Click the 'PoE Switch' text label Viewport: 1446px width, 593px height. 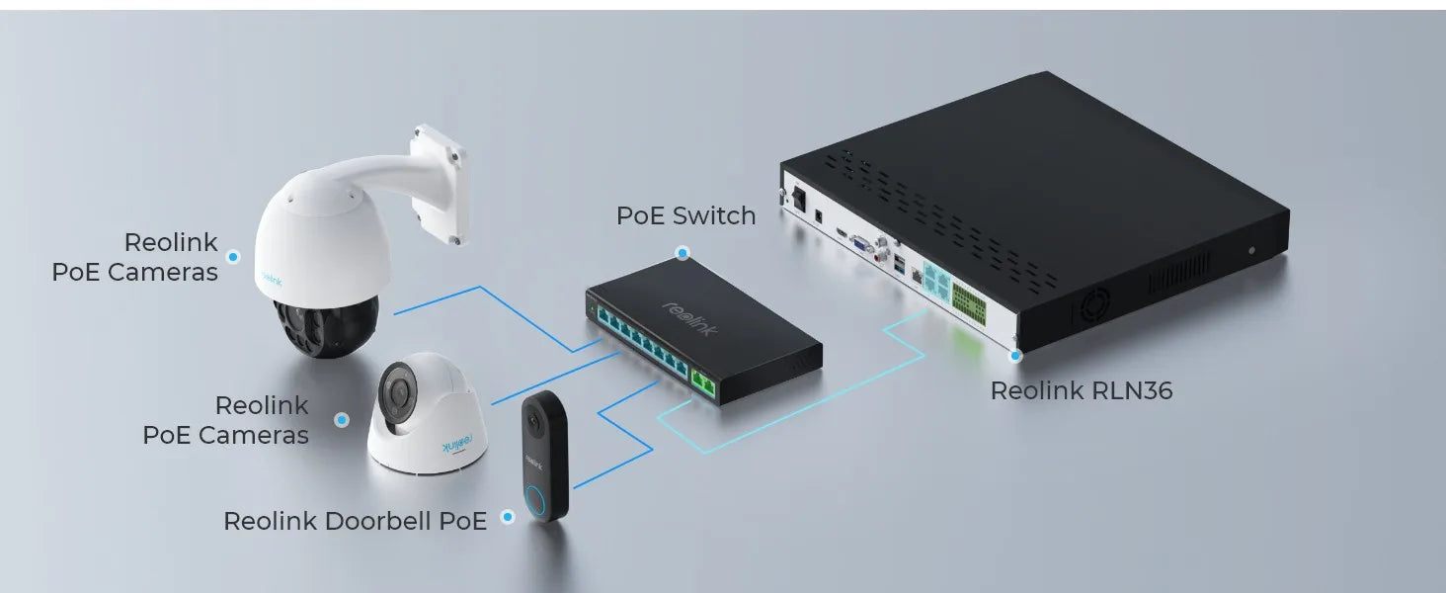[685, 215]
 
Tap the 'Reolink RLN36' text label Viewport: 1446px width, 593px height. [1082, 390]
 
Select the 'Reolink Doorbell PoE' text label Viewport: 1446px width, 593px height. [355, 521]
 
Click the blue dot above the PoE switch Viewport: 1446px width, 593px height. [683, 253]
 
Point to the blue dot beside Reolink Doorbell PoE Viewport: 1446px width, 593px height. [508, 517]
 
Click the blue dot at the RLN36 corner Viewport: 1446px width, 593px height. [1015, 355]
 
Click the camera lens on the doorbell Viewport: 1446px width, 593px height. [532, 422]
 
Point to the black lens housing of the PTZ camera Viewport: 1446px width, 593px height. [326, 325]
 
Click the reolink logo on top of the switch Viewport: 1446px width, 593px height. [689, 318]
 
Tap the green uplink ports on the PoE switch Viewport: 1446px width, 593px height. [703, 383]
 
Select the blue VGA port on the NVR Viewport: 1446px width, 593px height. [861, 244]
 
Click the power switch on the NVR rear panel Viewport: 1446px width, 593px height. [798, 199]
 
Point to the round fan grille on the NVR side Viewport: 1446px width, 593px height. [1091, 305]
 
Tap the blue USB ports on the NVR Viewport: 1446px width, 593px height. [900, 264]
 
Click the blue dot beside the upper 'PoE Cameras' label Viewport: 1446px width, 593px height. [233, 256]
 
